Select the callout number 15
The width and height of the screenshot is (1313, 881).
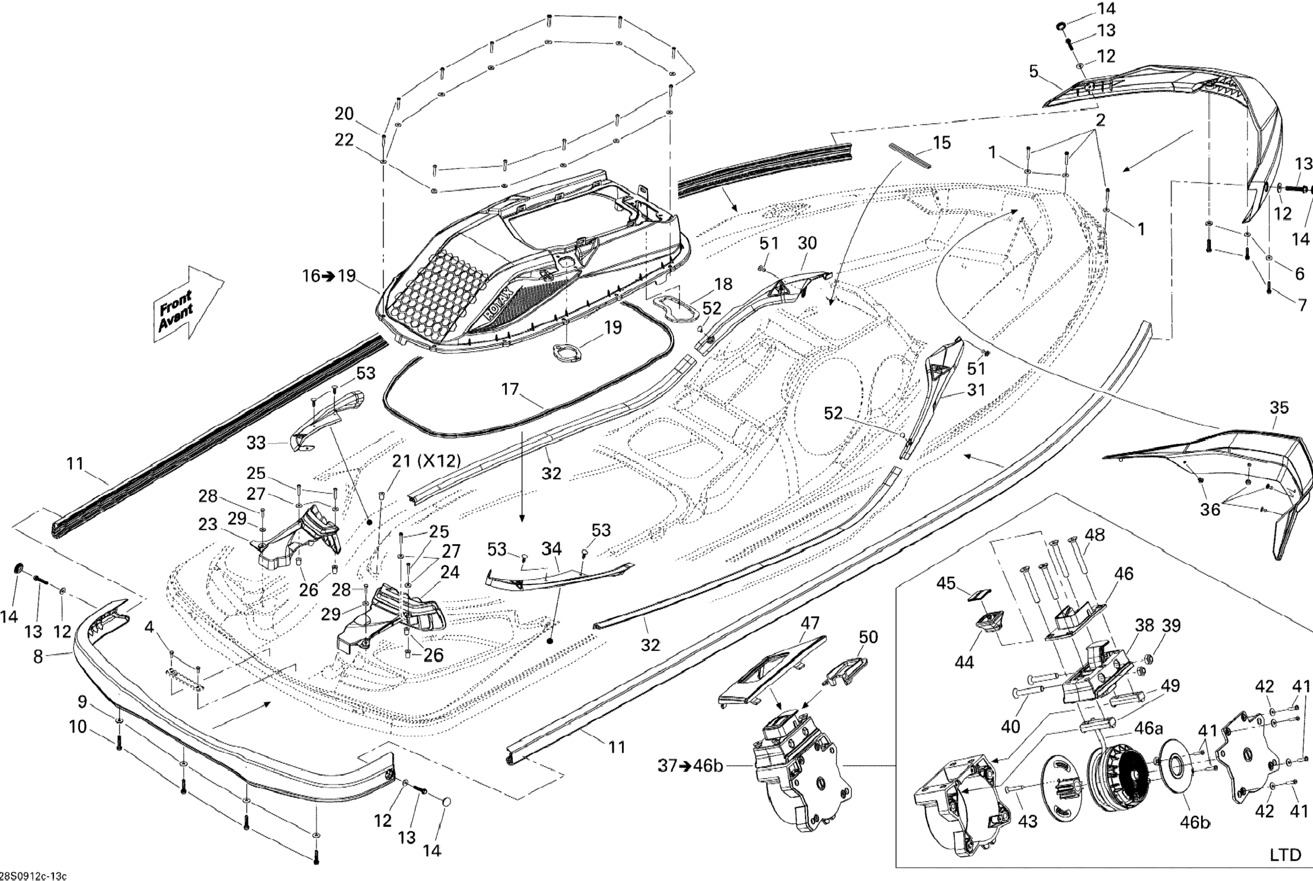coord(942,143)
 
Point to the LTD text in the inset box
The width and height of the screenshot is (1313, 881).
coord(1285,855)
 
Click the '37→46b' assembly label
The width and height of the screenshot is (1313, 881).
coord(690,766)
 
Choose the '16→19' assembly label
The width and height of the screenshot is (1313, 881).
coord(329,276)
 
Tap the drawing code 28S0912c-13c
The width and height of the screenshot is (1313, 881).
coord(34,876)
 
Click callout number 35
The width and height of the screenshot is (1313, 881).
coord(1279,407)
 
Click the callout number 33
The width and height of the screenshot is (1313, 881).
coord(256,443)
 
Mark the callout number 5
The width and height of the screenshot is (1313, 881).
coord(1034,71)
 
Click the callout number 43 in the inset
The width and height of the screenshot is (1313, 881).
coord(1028,821)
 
